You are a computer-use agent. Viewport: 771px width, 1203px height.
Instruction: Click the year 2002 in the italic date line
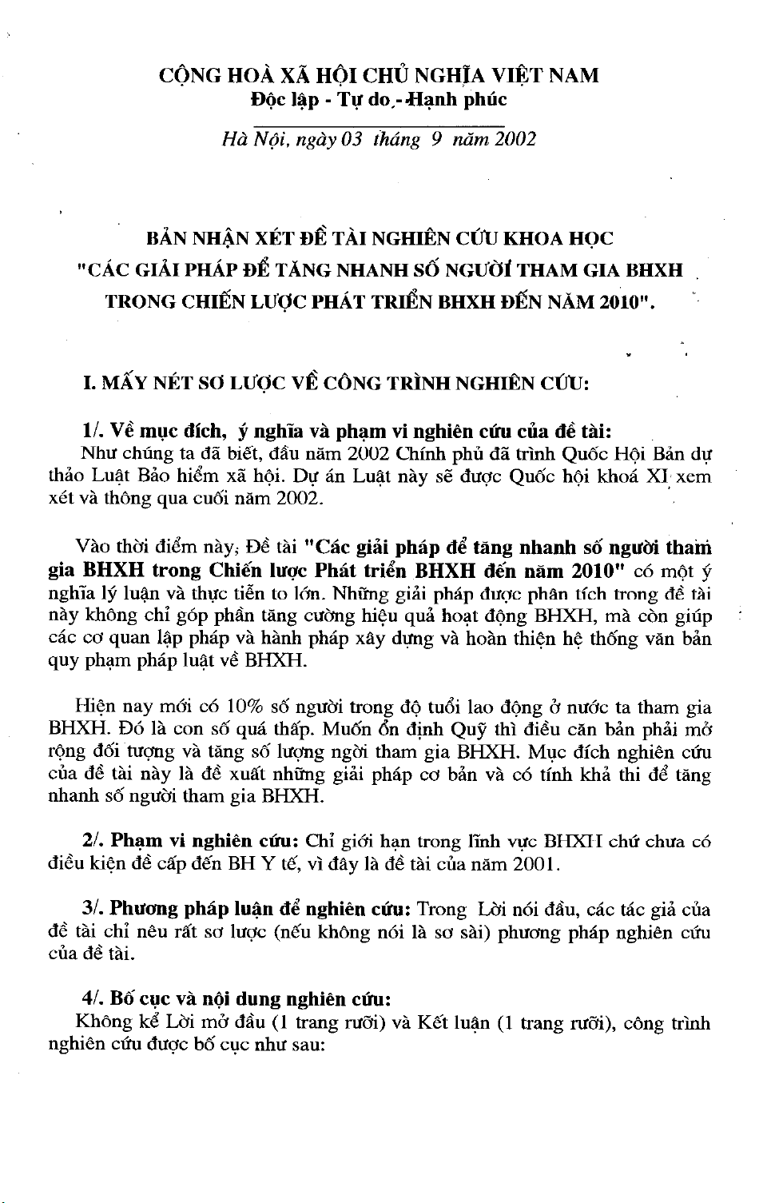pyautogui.click(x=515, y=140)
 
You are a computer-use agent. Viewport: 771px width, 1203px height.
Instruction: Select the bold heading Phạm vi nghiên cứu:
pyautogui.click(x=206, y=842)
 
